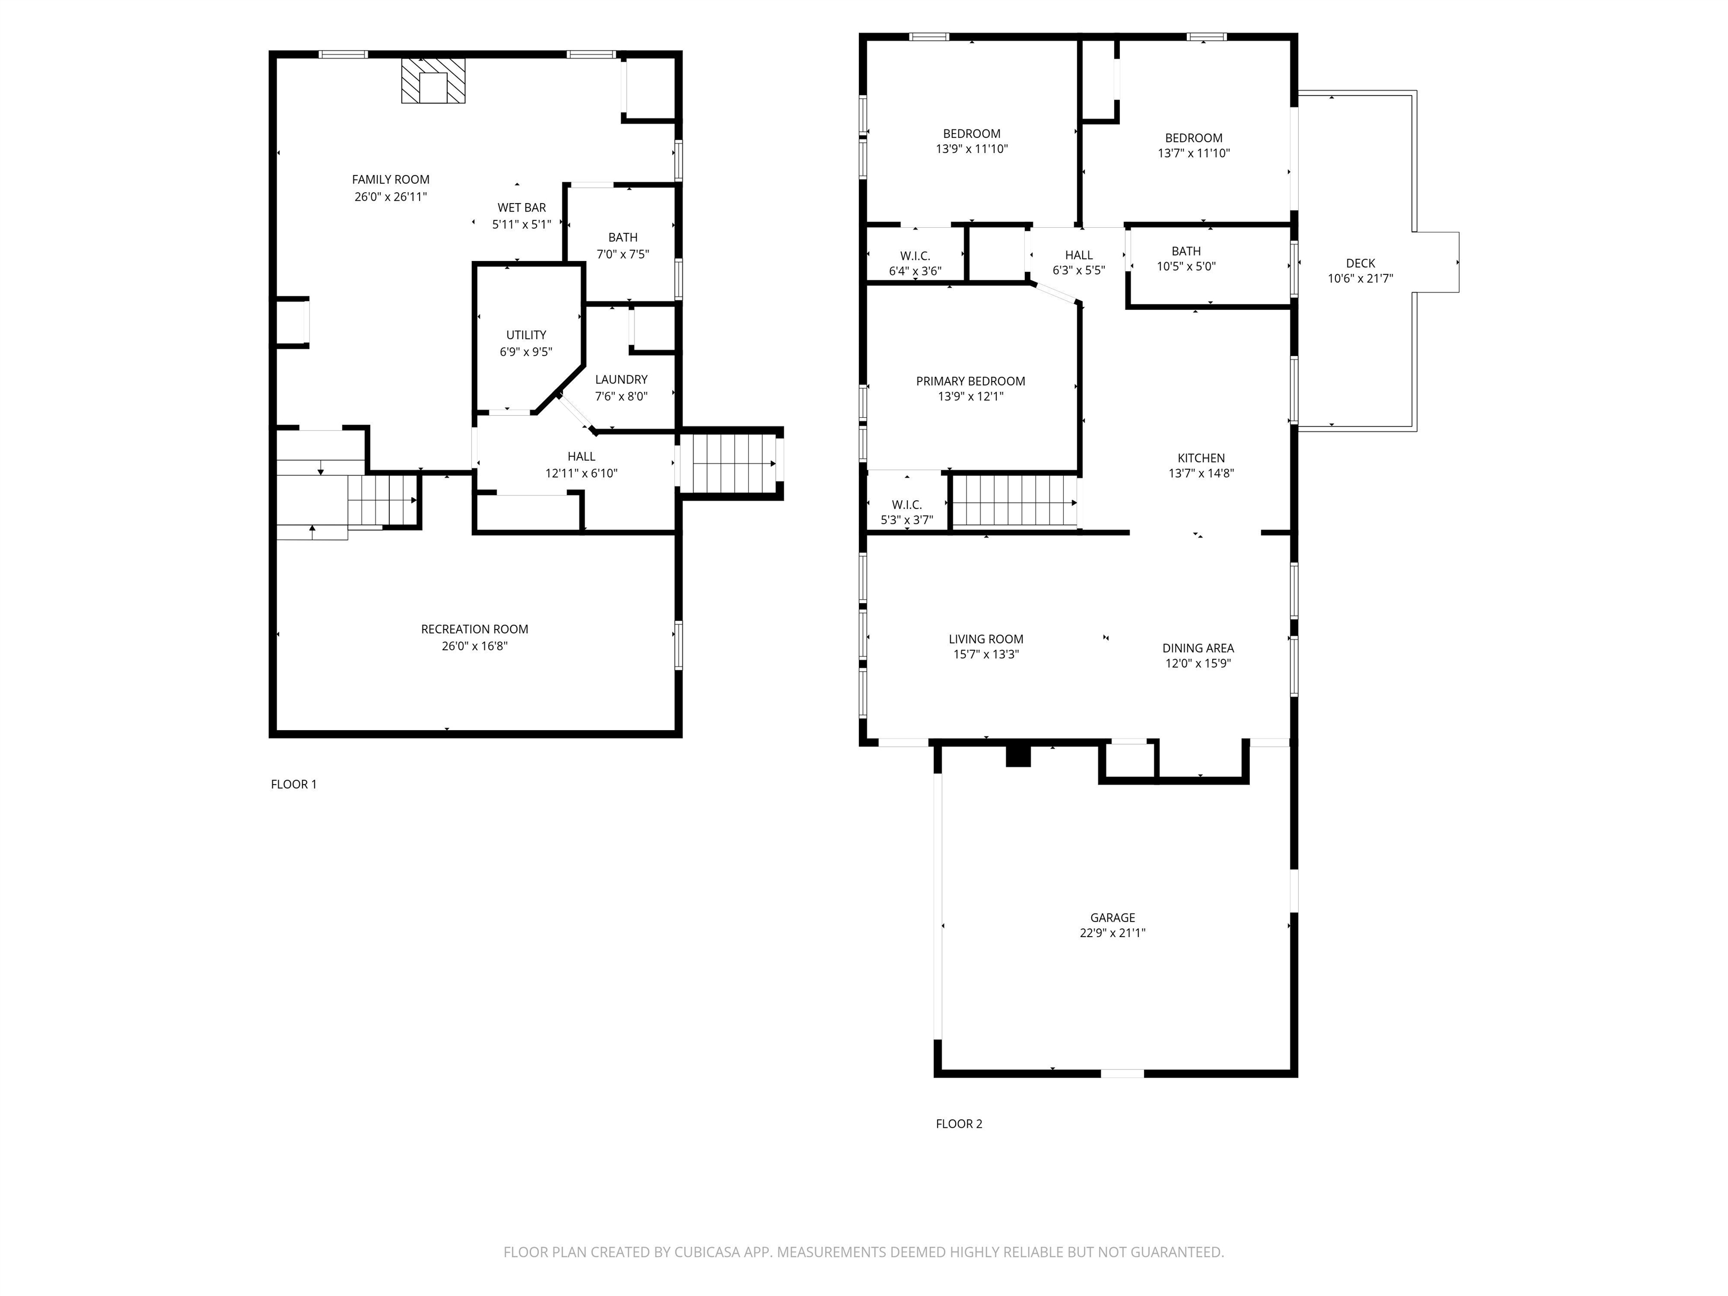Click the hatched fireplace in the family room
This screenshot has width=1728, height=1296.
click(x=433, y=80)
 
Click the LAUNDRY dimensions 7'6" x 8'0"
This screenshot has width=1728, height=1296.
click(x=621, y=396)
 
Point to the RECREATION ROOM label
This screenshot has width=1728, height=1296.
click(x=474, y=629)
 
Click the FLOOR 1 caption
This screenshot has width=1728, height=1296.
click(x=294, y=784)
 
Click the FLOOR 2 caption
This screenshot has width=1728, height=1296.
click(x=958, y=1123)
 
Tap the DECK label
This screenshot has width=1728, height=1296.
click(x=1360, y=263)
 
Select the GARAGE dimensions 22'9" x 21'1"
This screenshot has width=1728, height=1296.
click(x=1113, y=933)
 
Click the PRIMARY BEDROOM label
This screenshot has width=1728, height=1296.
click(x=970, y=381)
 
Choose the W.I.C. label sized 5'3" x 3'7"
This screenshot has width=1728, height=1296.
click(x=906, y=505)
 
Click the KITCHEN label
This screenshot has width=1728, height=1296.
click(x=1201, y=458)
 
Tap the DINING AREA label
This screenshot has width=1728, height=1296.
click(x=1198, y=649)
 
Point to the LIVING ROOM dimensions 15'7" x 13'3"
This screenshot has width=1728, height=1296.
click(x=986, y=655)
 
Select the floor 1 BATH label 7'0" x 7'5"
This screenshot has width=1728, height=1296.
click(x=623, y=237)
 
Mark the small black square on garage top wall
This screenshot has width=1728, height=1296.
click(x=1018, y=756)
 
